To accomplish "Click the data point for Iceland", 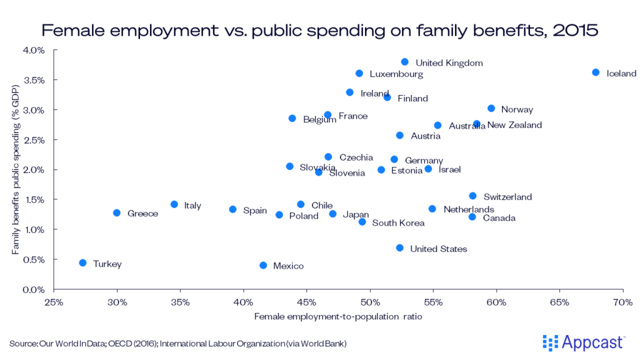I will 596,72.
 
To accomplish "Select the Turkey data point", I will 82,263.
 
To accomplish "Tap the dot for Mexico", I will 263,266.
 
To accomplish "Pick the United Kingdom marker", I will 405,62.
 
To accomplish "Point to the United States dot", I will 400,248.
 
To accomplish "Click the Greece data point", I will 117,213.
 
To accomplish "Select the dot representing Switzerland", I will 473,196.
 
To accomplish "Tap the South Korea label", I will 398,223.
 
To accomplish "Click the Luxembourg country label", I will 396,74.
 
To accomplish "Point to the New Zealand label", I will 514,125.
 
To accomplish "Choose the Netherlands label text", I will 469,209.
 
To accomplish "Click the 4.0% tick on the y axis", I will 34,50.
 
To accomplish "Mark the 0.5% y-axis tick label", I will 34,260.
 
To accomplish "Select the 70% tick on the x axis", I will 623,302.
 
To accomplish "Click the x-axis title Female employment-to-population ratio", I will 338,317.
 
